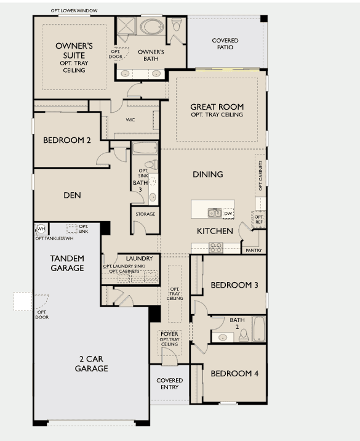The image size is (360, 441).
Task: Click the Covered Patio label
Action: [x=225, y=44]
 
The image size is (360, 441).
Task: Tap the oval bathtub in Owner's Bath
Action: [x=152, y=27]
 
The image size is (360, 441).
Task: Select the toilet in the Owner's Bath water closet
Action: [x=177, y=25]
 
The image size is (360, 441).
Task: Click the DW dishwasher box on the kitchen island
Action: [x=228, y=214]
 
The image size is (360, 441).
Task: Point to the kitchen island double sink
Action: [x=214, y=213]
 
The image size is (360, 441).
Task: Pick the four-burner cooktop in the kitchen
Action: [x=216, y=248]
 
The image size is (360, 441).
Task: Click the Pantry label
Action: [x=254, y=250]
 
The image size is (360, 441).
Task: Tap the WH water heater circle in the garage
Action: [x=41, y=229]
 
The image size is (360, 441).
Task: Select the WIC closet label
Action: [x=130, y=120]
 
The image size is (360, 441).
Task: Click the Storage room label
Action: [x=145, y=214]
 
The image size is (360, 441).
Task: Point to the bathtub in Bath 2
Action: [x=258, y=328]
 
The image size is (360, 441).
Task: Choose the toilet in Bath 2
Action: [x=244, y=335]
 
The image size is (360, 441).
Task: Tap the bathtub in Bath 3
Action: [x=145, y=148]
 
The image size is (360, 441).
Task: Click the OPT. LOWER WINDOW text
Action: [x=74, y=10]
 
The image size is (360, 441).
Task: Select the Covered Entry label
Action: [x=169, y=384]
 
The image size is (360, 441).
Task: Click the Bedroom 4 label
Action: [x=234, y=373]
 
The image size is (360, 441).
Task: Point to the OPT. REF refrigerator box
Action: [x=258, y=219]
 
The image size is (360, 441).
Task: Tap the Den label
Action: [x=72, y=195]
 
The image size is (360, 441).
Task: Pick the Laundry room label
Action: [x=139, y=258]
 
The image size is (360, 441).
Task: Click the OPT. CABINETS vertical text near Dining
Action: [x=260, y=176]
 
